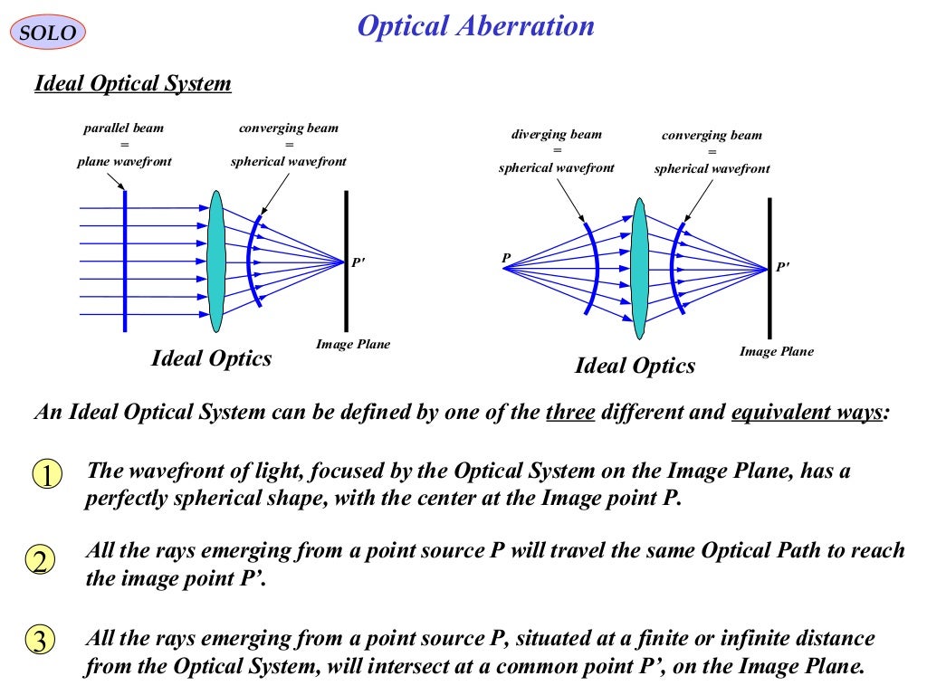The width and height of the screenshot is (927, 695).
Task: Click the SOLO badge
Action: click(48, 33)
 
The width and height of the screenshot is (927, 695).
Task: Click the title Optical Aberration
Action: click(475, 26)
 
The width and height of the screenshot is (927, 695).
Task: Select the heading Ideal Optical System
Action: click(132, 84)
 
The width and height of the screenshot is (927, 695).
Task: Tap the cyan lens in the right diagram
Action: click(639, 268)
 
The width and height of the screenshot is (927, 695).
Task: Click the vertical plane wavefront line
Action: click(125, 261)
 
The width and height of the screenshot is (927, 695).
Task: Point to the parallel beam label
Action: click(124, 129)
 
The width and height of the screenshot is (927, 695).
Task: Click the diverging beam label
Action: click(556, 135)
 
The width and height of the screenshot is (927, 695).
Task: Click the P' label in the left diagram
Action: click(358, 263)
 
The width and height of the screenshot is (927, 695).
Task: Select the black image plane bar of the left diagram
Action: click(346, 261)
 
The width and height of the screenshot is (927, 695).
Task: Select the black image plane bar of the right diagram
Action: click(770, 268)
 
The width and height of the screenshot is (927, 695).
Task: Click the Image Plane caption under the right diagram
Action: click(776, 351)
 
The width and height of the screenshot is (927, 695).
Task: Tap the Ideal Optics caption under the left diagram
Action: click(211, 358)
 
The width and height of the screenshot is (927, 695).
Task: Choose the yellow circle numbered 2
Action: click(40, 561)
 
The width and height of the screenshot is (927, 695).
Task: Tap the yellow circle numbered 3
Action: click(40, 641)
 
